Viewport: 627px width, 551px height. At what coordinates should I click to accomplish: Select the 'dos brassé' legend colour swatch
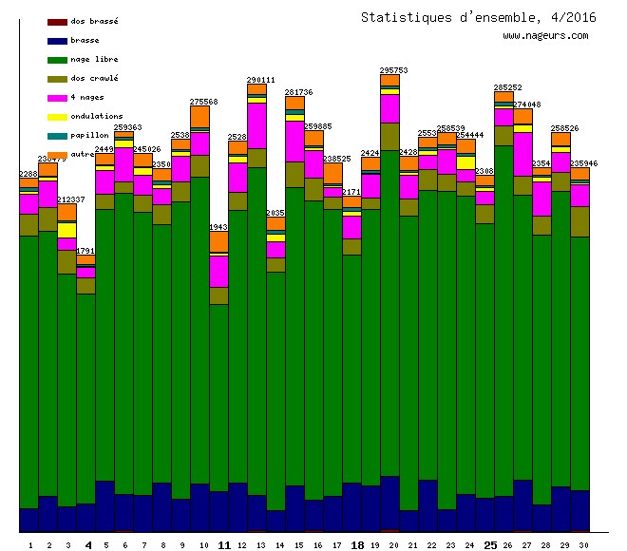(x=57, y=21)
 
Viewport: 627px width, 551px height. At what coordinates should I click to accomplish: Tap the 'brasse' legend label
(x=84, y=40)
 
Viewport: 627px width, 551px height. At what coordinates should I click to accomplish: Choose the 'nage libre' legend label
(x=94, y=59)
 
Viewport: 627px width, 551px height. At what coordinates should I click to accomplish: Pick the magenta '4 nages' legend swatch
(x=57, y=97)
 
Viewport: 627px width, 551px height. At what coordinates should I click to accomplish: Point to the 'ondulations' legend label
(x=96, y=116)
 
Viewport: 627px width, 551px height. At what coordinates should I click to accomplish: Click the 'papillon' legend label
(x=89, y=135)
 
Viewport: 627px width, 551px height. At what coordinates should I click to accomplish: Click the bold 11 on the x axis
(x=224, y=545)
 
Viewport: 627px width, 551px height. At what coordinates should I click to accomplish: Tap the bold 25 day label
(x=490, y=545)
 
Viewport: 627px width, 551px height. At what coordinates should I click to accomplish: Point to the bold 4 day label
(x=88, y=545)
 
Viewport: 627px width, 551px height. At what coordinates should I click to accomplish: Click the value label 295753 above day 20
(x=393, y=70)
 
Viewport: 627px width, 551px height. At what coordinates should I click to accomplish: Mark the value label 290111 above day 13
(x=260, y=80)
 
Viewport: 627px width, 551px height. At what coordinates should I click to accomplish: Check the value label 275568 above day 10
(x=203, y=102)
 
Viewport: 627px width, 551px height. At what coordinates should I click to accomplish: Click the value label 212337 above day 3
(x=71, y=199)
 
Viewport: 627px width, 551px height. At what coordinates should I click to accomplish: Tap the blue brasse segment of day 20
(x=389, y=502)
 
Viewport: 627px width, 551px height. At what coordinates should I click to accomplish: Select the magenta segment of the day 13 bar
(x=256, y=124)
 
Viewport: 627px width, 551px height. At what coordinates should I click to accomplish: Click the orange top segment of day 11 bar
(x=218, y=243)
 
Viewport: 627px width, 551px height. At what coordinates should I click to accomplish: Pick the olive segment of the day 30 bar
(x=579, y=221)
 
